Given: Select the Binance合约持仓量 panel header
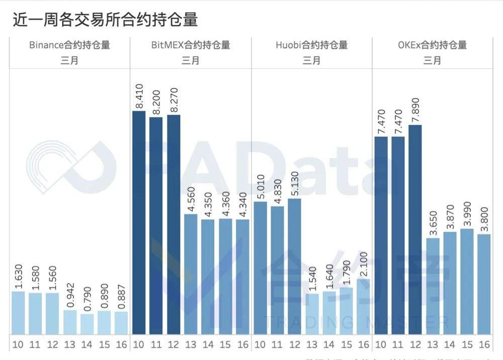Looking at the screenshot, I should (x=69, y=45).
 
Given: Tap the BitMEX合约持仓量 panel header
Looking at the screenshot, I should (x=191, y=45).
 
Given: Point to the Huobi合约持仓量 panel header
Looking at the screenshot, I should (x=311, y=45).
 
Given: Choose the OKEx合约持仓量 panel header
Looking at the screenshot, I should (x=432, y=45).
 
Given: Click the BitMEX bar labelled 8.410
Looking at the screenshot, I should (x=138, y=222).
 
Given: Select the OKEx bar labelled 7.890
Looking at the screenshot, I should (x=415, y=229).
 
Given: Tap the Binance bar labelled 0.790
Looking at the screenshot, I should (x=87, y=324).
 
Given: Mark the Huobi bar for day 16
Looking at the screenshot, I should (x=364, y=306).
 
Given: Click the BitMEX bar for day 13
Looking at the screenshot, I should (x=191, y=274).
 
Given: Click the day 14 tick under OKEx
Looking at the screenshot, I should (x=450, y=345).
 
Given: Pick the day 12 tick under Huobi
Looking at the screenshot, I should (x=294, y=345).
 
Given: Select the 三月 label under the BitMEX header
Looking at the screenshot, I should (x=191, y=60).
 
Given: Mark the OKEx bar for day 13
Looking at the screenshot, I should (x=432, y=285).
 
